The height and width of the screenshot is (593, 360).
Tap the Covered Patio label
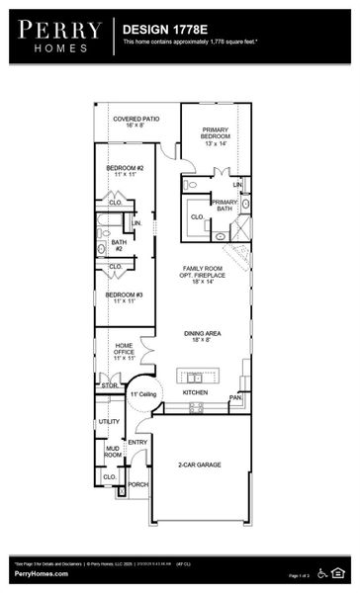click(135, 121)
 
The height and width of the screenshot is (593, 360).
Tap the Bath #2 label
click(119, 244)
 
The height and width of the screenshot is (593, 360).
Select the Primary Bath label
click(225, 205)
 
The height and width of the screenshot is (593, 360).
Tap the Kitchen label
click(196, 392)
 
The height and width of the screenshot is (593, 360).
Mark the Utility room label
click(109, 421)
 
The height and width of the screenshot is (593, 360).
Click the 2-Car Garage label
click(200, 464)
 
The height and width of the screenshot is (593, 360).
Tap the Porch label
click(137, 484)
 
